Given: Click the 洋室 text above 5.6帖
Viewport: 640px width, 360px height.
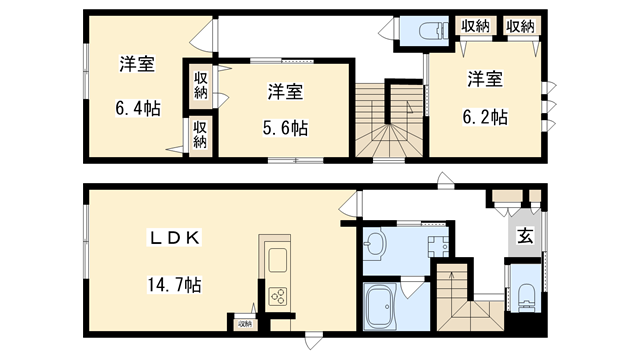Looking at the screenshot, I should click(x=286, y=92).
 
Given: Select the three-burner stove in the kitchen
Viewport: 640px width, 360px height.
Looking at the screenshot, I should click(x=277, y=297).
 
